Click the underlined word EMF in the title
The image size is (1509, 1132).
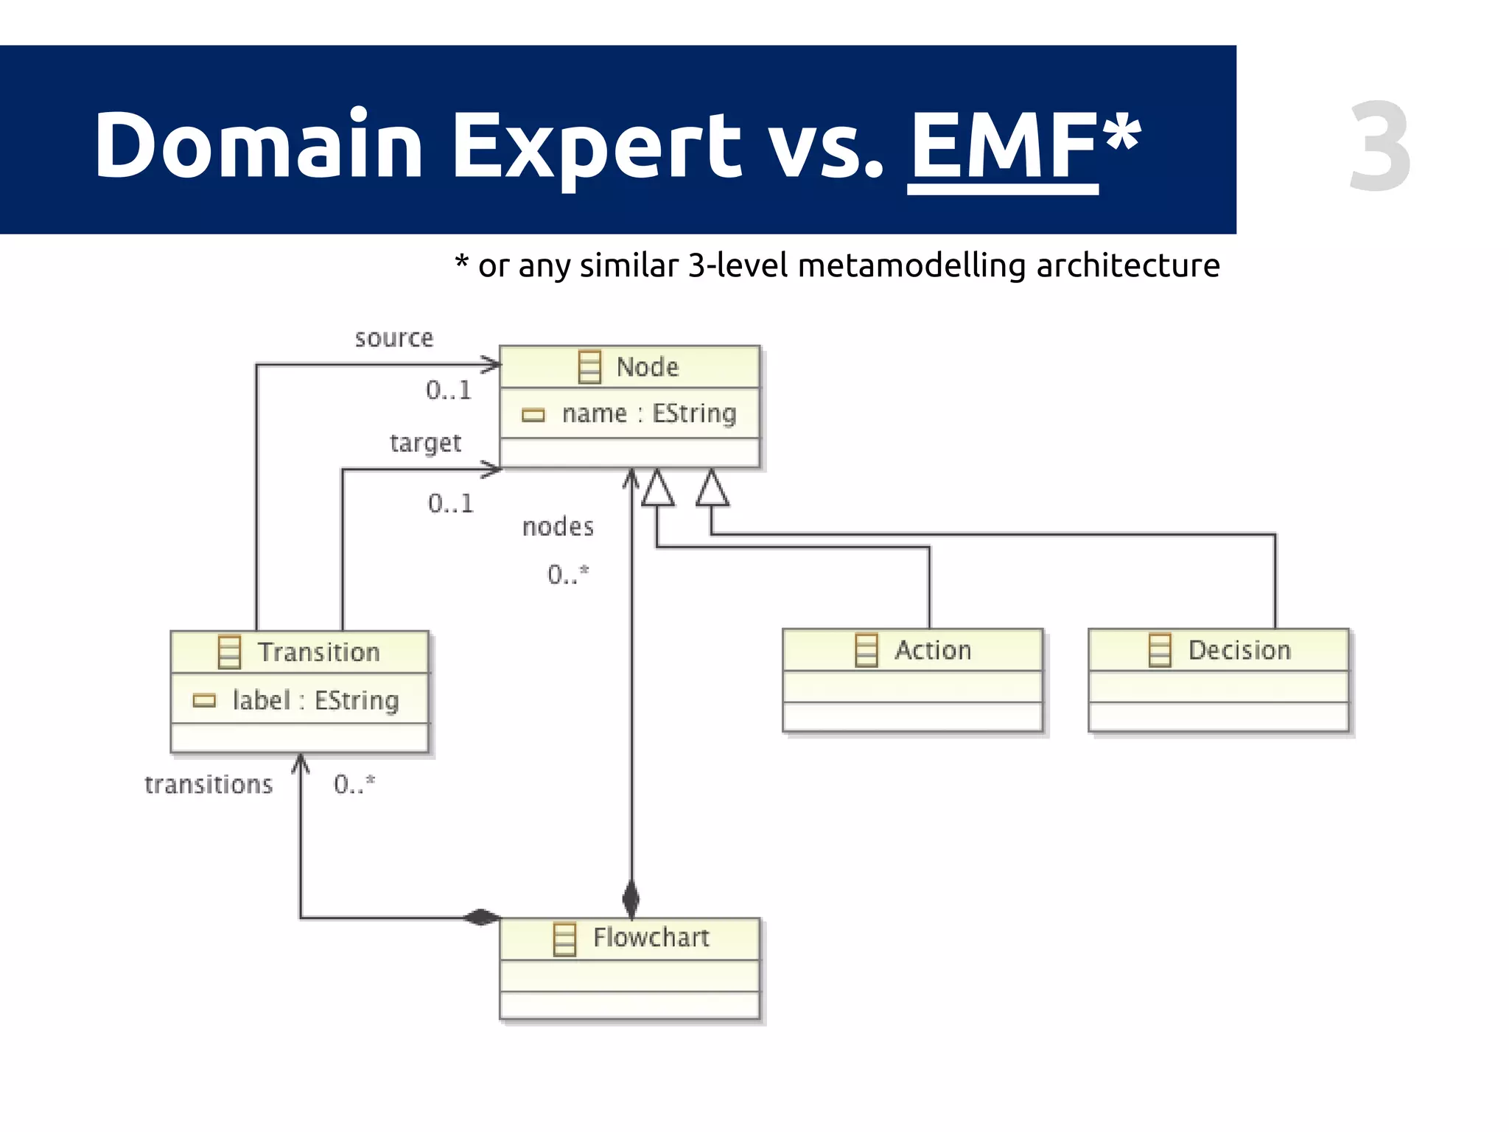coord(1004,145)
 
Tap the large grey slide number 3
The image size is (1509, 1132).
coord(1379,147)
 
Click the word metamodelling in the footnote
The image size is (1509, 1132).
coord(912,266)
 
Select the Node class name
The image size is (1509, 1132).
coord(647,367)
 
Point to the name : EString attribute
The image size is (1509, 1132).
coord(648,413)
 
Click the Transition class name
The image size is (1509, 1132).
coord(318,652)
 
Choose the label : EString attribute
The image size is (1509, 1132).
coord(315,700)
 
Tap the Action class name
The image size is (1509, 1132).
coord(933,650)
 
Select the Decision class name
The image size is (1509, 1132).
coord(1239,650)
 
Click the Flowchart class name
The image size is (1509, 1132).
coord(651,937)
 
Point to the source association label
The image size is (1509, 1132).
coord(394,338)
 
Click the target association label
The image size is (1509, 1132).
coord(425,443)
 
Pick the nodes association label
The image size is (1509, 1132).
coord(558,527)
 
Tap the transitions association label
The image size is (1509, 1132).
coord(209,785)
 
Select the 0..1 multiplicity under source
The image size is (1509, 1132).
coord(448,390)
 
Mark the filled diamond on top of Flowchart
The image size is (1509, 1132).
coord(631,899)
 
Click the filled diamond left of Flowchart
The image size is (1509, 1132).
coord(481,918)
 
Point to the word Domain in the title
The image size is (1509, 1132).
coord(258,145)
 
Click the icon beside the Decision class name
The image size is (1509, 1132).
coord(1160,650)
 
